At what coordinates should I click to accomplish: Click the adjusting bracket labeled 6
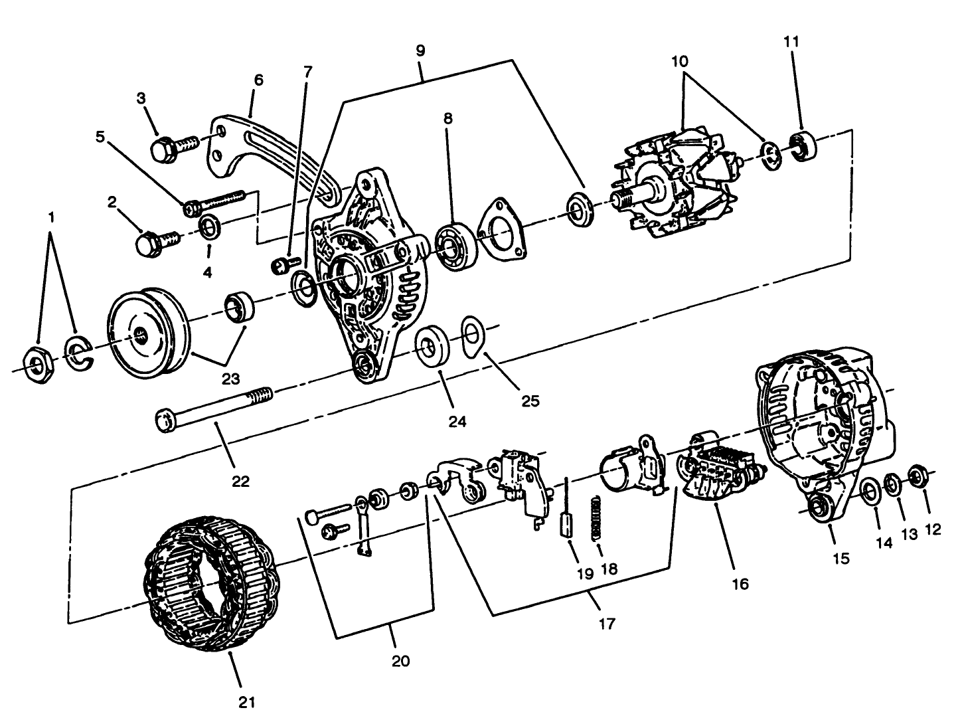266,149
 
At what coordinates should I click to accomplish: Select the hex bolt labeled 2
156,240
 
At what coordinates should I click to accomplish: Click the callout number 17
606,624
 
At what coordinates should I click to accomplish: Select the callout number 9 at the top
420,50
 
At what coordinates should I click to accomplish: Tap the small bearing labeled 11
803,145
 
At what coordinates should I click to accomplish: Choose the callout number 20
400,661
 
